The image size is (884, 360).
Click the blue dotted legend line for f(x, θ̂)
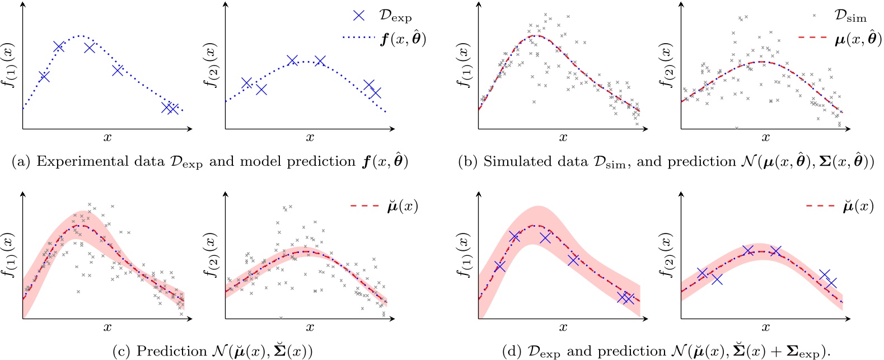(358, 38)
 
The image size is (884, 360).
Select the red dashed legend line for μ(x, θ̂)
(813, 38)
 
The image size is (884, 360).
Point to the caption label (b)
(467, 162)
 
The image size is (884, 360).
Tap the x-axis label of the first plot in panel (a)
(107, 138)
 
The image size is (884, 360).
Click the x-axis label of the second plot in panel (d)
(765, 328)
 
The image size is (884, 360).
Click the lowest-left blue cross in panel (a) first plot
(44, 77)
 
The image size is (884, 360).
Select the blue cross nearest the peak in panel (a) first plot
(90, 48)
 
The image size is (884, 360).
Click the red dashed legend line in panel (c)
(365, 206)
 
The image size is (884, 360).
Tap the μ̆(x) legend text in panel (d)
(858, 206)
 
